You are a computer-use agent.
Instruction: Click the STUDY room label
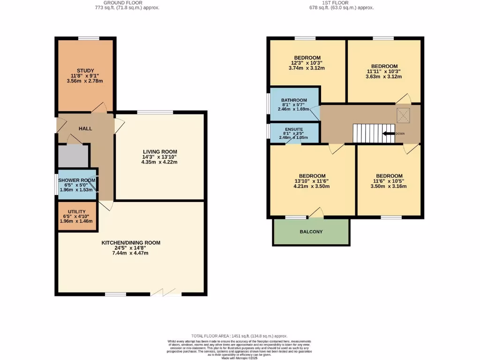click(85, 70)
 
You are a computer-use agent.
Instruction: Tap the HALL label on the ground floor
click(85, 128)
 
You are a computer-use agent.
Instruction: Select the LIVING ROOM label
click(159, 151)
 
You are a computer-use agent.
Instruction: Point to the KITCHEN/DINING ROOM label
click(131, 243)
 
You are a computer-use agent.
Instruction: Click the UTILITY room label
click(76, 212)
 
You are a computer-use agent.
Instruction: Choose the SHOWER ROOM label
click(77, 180)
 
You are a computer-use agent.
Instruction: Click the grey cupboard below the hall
click(73, 157)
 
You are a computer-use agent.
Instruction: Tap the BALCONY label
click(311, 232)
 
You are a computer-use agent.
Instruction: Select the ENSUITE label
click(294, 129)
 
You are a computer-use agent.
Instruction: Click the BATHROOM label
click(294, 100)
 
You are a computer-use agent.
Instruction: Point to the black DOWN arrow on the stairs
click(389, 133)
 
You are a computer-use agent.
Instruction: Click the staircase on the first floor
click(368, 133)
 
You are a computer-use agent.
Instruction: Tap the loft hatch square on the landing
click(402, 114)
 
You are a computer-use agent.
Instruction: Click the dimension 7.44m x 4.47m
click(131, 253)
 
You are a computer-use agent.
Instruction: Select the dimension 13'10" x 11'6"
click(312, 181)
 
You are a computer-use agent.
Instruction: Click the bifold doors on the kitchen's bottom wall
click(166, 294)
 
